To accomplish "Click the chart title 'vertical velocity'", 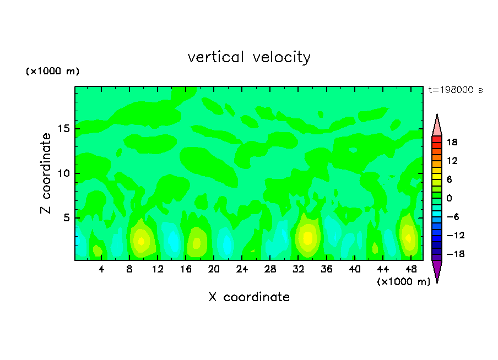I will click(x=249, y=57).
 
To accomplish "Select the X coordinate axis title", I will click(x=249, y=297).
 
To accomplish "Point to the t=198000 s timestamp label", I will click(x=455, y=90).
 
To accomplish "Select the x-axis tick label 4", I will click(x=101, y=269).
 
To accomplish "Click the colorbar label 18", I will click(x=452, y=142).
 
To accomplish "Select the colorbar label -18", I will click(x=451, y=254).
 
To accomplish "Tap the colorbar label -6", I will click(x=452, y=217).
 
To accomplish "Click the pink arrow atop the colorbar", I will click(x=437, y=126).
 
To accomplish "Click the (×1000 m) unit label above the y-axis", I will click(x=53, y=72).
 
